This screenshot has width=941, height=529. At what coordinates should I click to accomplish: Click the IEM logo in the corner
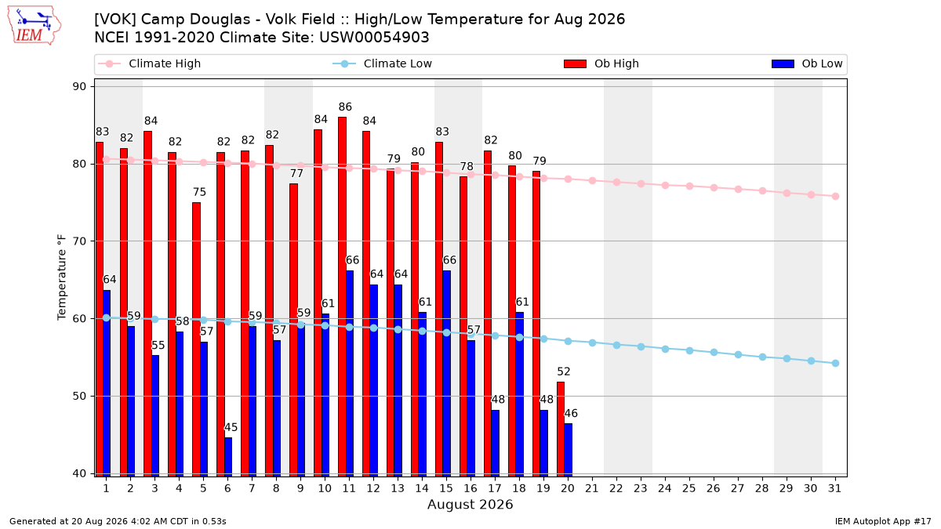[35, 26]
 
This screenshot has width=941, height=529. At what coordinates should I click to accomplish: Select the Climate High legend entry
[149, 63]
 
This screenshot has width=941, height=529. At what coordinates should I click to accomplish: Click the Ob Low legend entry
[807, 63]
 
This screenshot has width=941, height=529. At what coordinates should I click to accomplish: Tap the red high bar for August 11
[343, 297]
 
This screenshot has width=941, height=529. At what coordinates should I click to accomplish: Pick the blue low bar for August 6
[228, 457]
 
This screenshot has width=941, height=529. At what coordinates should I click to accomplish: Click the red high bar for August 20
[561, 429]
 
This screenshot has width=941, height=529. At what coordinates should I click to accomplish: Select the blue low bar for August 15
[446, 374]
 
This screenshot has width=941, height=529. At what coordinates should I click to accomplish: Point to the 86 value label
[345, 107]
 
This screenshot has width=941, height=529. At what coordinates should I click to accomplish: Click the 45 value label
[231, 427]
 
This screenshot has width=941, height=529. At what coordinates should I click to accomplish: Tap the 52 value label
[564, 371]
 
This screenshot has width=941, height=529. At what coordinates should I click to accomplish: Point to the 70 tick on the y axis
[79, 241]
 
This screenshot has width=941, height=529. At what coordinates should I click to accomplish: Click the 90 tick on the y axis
[79, 86]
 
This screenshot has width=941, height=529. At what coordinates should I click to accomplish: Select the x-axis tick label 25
[689, 489]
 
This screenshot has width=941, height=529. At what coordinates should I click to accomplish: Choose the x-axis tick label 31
[834, 489]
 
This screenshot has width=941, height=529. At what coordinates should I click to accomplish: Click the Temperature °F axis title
[62, 277]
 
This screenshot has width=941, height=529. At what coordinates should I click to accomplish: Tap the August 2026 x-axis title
[470, 505]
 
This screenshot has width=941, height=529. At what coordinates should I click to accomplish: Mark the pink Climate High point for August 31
[836, 197]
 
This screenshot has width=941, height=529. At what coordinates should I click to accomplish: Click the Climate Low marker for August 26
[714, 353]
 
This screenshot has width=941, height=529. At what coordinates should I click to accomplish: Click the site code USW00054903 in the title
[374, 38]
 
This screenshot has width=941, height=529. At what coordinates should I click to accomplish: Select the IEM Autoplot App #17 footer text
[883, 521]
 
